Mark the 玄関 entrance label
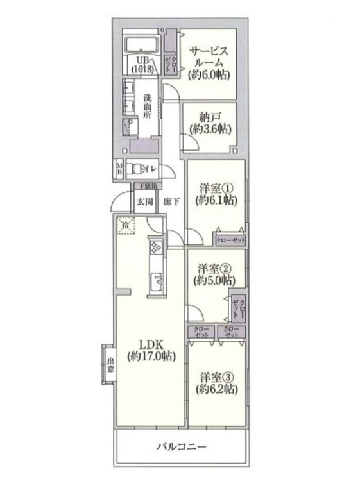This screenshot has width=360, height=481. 144,201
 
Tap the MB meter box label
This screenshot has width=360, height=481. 119,169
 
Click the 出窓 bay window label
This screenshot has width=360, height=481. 110,365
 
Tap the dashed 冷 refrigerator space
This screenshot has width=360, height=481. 125,225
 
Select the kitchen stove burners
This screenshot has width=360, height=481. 157,247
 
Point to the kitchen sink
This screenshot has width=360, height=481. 157,280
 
